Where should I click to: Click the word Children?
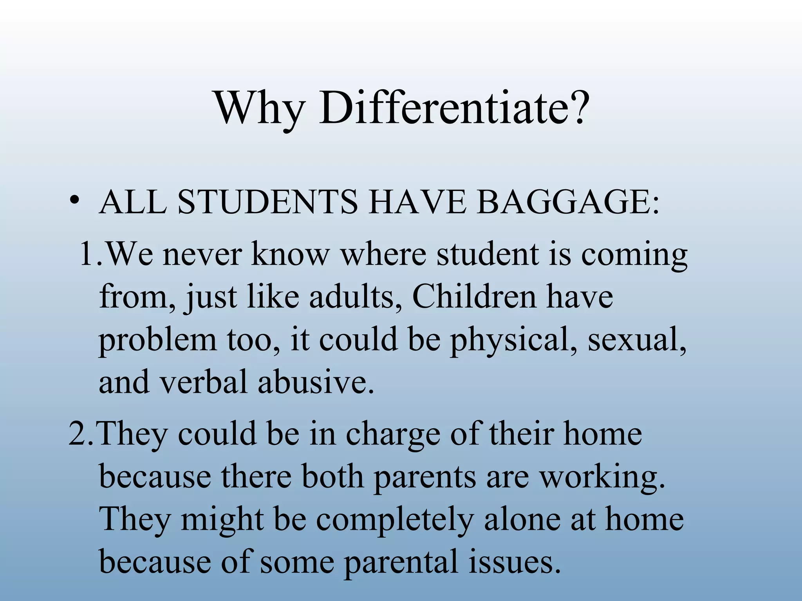tap(473, 297)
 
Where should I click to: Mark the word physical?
tap(513, 341)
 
